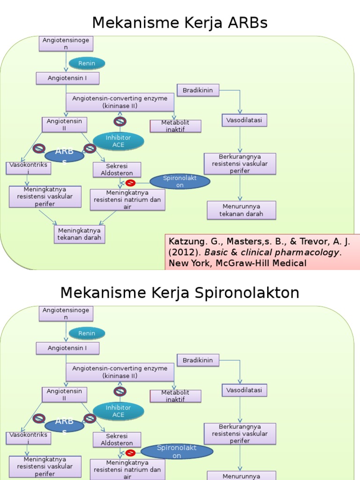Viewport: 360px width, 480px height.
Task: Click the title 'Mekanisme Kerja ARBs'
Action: pyautogui.click(x=180, y=22)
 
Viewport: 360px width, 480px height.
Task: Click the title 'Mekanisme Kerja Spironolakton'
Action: pyautogui.click(x=180, y=293)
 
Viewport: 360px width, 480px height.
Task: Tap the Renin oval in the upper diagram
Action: pyautogui.click(x=87, y=63)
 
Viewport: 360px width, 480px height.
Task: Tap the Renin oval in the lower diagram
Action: pyautogui.click(x=87, y=333)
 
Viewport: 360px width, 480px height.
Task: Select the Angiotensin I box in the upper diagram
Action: pyautogui.click(x=67, y=78)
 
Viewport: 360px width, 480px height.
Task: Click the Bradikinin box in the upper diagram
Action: pyautogui.click(x=198, y=90)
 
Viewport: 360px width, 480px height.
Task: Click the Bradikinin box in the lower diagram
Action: pyautogui.click(x=198, y=360)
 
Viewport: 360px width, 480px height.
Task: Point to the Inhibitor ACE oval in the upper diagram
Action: pyautogui.click(x=118, y=141)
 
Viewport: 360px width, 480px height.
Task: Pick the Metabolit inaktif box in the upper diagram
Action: pyautogui.click(x=175, y=126)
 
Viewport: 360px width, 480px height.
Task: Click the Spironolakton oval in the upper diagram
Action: pyautogui.click(x=180, y=181)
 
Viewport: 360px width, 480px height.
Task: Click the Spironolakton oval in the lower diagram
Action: pyautogui.click(x=177, y=451)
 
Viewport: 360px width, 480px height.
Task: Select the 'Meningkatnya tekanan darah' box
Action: pyautogui.click(x=79, y=234)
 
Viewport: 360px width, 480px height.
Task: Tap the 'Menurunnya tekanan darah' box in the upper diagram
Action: pyautogui.click(x=241, y=210)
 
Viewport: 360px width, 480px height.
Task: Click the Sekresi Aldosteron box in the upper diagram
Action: pyautogui.click(x=117, y=170)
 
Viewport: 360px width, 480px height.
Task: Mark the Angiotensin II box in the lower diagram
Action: pyautogui.click(x=65, y=394)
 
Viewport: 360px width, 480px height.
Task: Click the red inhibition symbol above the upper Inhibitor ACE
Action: pyautogui.click(x=120, y=121)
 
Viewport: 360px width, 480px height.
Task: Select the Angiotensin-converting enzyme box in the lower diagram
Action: pyautogui.click(x=120, y=372)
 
